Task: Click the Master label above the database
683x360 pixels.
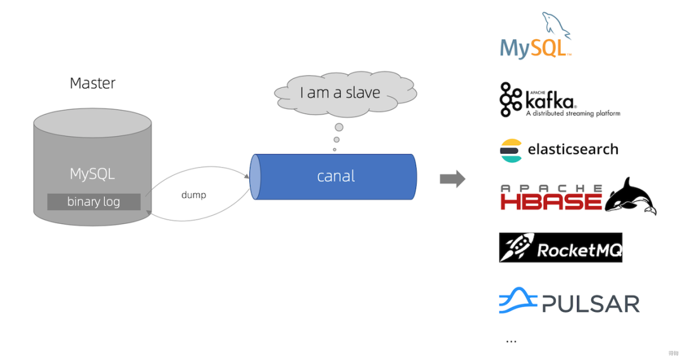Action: click(92, 83)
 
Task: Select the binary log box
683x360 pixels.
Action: click(94, 202)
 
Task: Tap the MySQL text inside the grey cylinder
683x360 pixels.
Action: click(92, 173)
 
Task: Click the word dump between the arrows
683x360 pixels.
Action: click(194, 195)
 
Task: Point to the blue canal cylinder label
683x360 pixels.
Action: click(336, 177)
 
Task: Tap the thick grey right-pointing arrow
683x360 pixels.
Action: click(452, 179)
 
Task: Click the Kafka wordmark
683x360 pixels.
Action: click(550, 100)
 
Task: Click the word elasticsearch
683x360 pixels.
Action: click(573, 150)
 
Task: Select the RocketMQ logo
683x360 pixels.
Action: click(560, 247)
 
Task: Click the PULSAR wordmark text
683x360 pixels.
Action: click(590, 304)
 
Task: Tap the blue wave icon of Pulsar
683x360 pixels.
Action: click(517, 301)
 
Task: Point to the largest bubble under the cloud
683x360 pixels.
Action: click(339, 127)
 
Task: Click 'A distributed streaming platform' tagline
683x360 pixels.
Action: click(573, 114)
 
